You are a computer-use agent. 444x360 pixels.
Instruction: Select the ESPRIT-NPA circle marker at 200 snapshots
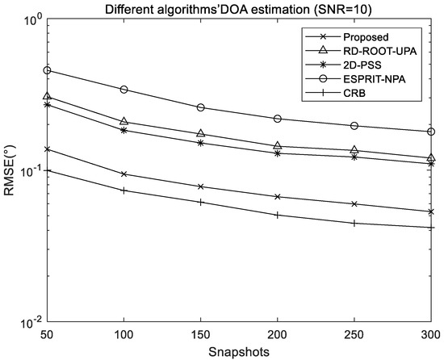278,119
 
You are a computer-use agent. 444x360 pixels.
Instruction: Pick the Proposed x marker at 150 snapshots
201,186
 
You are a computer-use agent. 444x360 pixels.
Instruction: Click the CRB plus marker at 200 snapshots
278,215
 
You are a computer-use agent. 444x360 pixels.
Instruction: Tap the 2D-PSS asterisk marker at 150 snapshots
201,143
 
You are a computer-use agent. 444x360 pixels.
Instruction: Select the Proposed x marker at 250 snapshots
354,204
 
